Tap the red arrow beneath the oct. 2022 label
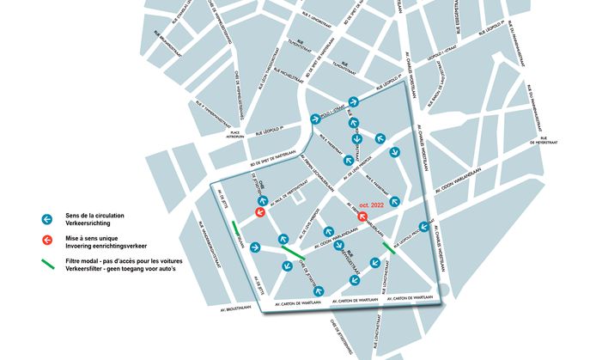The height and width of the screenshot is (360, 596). tap(362, 216)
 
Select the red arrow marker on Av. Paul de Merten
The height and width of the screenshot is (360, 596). tap(258, 212)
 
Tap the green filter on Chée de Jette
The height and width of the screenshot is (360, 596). tap(293, 252)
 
